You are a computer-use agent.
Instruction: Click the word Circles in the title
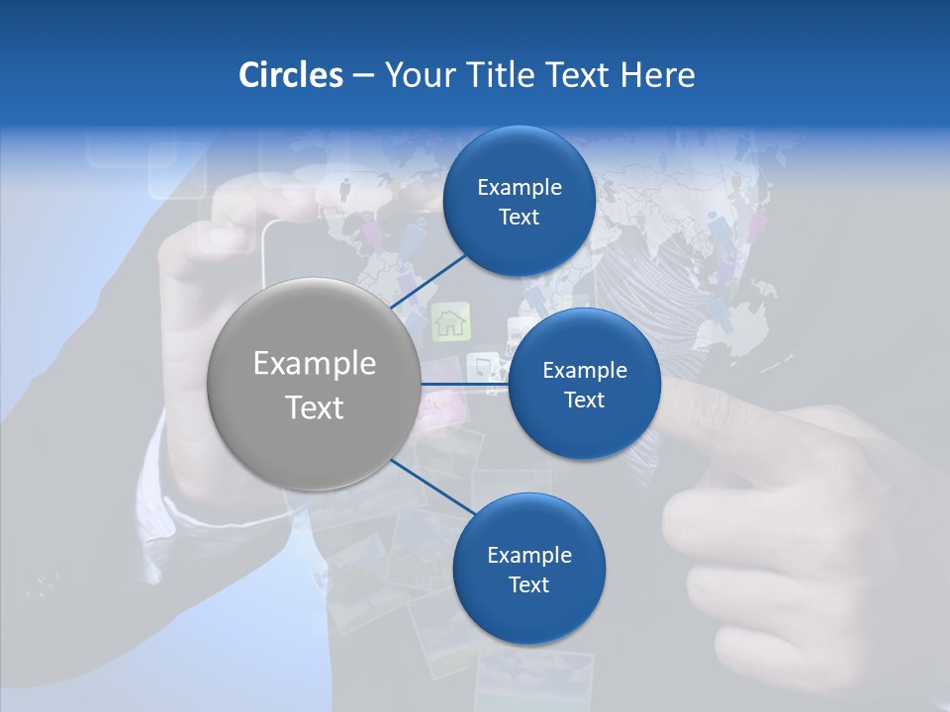[x=290, y=75]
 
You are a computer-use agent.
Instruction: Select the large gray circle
[x=314, y=384]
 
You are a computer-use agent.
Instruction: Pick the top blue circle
[x=519, y=202]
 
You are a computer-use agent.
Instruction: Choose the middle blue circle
[x=584, y=384]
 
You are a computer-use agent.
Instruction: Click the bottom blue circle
[x=528, y=569]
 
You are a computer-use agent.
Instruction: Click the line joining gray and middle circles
[x=464, y=384]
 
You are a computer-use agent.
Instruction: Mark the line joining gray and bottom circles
[x=427, y=487]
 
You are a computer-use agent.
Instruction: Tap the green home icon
[x=451, y=320]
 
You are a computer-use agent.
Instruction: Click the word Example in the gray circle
[x=315, y=364]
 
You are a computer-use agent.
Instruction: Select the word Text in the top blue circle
[x=519, y=218]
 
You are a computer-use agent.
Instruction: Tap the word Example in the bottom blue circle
[x=528, y=555]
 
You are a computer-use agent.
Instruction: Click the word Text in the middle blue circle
[x=584, y=400]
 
